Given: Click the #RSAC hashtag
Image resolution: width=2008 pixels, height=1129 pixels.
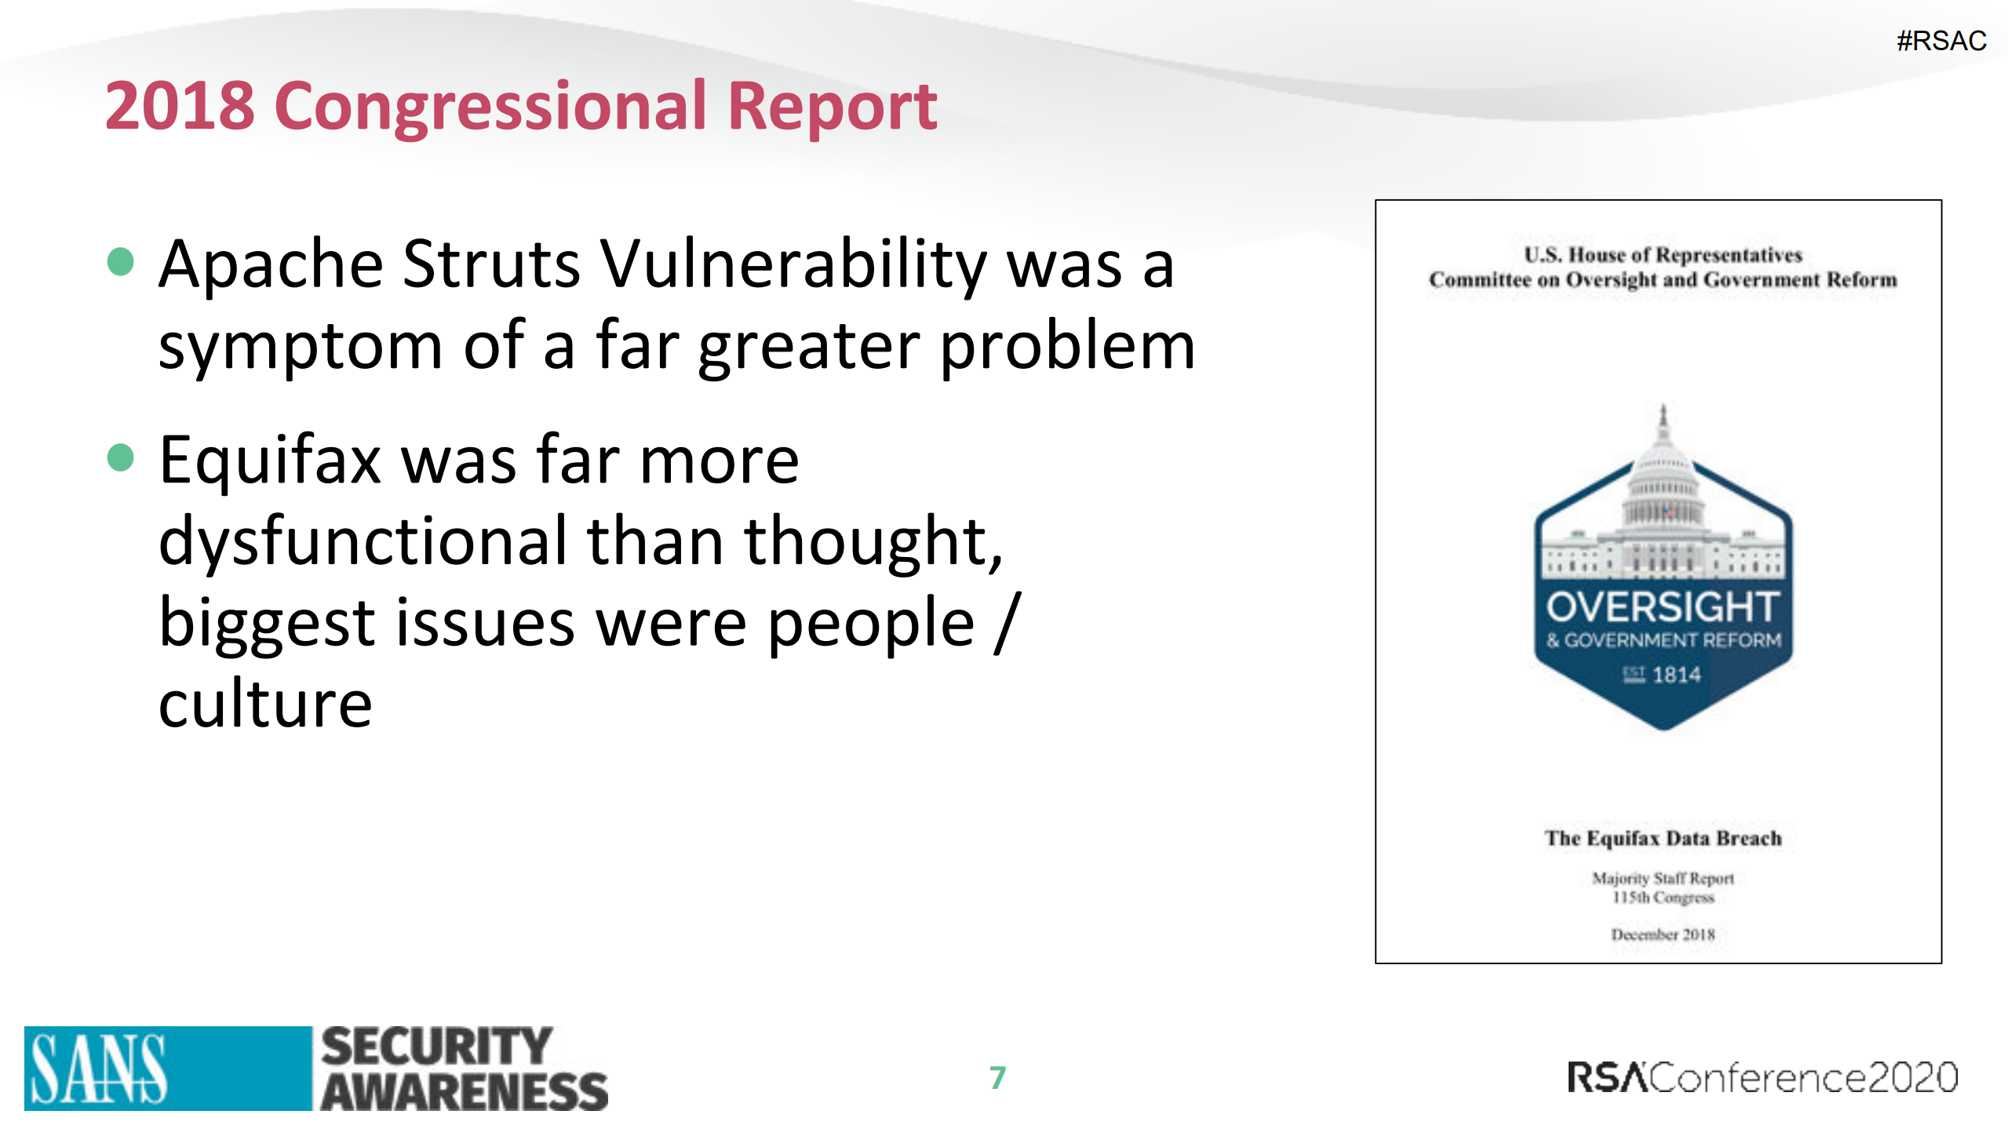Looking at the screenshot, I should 1941,41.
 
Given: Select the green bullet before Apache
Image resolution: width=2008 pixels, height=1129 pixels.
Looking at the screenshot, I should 121,262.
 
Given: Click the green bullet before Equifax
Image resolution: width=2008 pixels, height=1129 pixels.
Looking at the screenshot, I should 121,457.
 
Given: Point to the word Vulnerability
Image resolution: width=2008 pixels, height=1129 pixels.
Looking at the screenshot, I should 793,264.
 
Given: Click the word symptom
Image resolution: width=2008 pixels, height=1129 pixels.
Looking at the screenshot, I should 301,346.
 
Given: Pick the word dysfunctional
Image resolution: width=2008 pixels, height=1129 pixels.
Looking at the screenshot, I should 363,541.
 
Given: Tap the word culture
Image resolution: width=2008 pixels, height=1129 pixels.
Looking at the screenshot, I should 265,704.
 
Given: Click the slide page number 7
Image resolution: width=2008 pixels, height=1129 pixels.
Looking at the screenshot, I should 997,1077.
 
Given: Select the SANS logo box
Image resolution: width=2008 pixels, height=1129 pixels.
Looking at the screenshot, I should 167,1068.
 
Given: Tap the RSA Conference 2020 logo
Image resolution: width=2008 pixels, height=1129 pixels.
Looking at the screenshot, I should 1762,1077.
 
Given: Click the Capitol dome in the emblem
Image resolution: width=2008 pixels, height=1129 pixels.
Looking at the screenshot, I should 1663,479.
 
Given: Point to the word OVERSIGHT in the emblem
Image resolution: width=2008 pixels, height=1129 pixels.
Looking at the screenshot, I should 1663,607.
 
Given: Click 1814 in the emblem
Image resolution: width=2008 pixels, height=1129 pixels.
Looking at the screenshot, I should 1676,675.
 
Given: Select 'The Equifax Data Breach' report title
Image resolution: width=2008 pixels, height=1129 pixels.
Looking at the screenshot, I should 1663,838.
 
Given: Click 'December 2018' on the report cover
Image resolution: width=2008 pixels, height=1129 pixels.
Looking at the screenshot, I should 1663,934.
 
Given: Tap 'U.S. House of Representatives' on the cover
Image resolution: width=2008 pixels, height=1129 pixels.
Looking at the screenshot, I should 1663,255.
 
